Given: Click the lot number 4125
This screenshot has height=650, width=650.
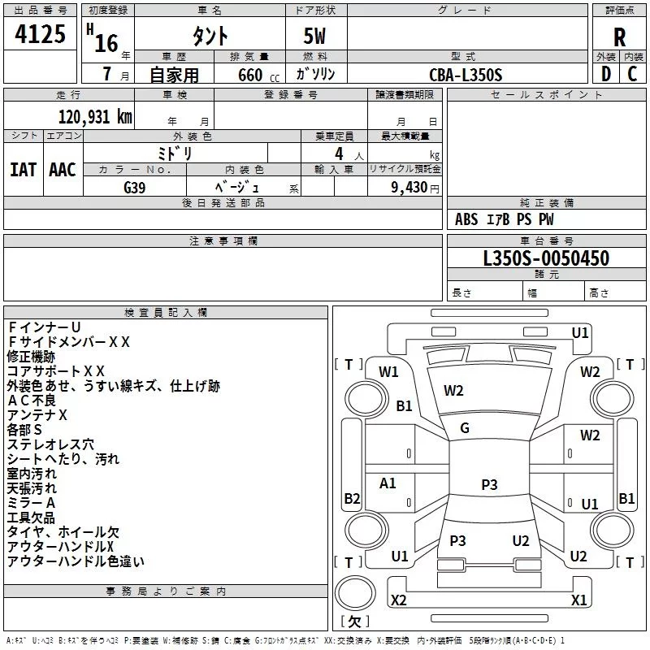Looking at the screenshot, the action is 41,36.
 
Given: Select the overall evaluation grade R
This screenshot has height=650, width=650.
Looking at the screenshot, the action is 619,37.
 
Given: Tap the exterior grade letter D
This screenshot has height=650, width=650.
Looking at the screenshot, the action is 605,74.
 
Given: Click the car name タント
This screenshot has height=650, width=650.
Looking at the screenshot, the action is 210,37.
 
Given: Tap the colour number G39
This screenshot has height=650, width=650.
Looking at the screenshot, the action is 135,186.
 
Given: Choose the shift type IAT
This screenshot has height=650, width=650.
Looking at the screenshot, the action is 23,169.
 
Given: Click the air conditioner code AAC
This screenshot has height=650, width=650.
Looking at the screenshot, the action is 63,169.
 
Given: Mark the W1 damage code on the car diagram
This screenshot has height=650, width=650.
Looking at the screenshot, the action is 388,372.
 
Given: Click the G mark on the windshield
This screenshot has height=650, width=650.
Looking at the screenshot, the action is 465,428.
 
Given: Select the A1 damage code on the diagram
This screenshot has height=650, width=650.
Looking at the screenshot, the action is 388,483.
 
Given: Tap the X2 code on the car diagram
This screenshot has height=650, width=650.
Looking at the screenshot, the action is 398,600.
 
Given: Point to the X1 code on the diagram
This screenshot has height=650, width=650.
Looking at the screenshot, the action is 578,600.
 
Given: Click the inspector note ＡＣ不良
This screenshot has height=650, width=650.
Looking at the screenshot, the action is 32,401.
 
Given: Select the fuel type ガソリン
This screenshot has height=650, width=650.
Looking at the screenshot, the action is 315,75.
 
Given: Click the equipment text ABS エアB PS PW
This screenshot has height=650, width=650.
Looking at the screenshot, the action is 505,219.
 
